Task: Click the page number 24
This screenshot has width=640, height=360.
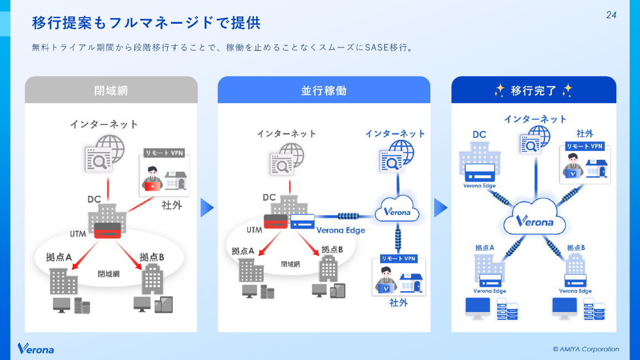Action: point(611,15)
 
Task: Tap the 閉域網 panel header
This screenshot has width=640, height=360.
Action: point(111,90)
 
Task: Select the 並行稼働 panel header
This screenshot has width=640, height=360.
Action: point(324,90)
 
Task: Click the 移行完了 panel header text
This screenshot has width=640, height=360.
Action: point(534,90)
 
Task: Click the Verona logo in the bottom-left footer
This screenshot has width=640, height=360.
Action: point(36,348)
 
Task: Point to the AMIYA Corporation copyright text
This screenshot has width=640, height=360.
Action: point(586,349)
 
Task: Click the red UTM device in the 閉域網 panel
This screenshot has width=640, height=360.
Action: point(107,230)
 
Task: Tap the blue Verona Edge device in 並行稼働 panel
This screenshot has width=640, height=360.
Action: point(302,221)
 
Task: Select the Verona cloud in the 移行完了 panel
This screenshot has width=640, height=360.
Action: point(535,221)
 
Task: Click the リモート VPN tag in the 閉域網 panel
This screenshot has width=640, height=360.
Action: point(164,153)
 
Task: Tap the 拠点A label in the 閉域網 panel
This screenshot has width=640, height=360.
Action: point(59,257)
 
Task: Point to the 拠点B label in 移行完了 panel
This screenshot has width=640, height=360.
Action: point(576,248)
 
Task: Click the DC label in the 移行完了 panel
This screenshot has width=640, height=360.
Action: point(479,134)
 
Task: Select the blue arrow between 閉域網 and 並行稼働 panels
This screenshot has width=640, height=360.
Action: point(206,207)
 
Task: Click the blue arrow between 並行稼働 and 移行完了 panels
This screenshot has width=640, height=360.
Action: point(440,207)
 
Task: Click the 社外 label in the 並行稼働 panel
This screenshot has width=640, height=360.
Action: point(398,303)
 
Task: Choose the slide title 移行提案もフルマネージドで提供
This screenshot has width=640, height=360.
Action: point(146,23)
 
